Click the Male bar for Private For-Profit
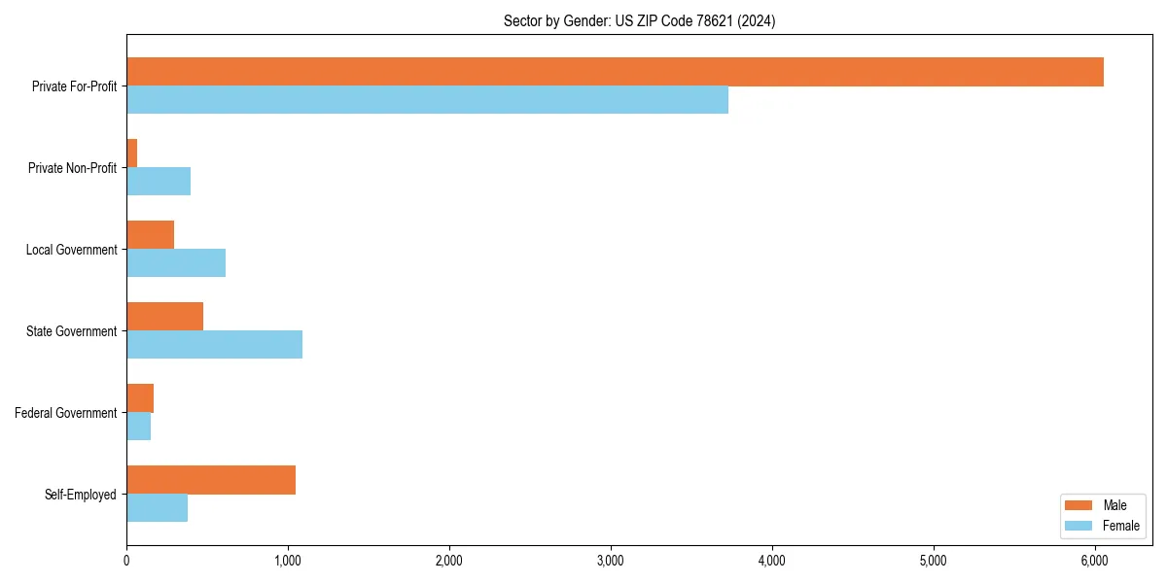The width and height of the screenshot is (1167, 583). tap(615, 72)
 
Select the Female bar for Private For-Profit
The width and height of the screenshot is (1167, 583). tap(427, 99)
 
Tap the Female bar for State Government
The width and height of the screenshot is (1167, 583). tap(214, 344)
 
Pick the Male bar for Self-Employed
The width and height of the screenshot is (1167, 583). tap(211, 480)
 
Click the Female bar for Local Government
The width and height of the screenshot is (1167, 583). tap(176, 262)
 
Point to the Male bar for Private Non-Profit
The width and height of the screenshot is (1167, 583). tap(132, 154)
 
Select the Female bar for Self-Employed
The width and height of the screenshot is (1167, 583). tap(157, 507)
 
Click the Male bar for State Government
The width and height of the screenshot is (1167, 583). tap(164, 317)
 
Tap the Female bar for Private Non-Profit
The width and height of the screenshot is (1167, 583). tap(159, 181)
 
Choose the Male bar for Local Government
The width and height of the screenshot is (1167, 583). tap(150, 235)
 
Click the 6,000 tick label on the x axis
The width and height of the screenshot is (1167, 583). tap(1094, 561)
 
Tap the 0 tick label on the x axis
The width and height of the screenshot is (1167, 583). tap(126, 561)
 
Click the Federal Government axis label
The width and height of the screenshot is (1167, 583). tap(65, 413)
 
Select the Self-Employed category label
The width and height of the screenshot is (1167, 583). tap(80, 495)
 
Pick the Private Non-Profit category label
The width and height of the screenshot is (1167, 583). tap(72, 168)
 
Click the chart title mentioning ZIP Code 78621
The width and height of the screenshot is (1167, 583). tap(639, 20)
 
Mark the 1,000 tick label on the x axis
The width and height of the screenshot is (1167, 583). tap(288, 561)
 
